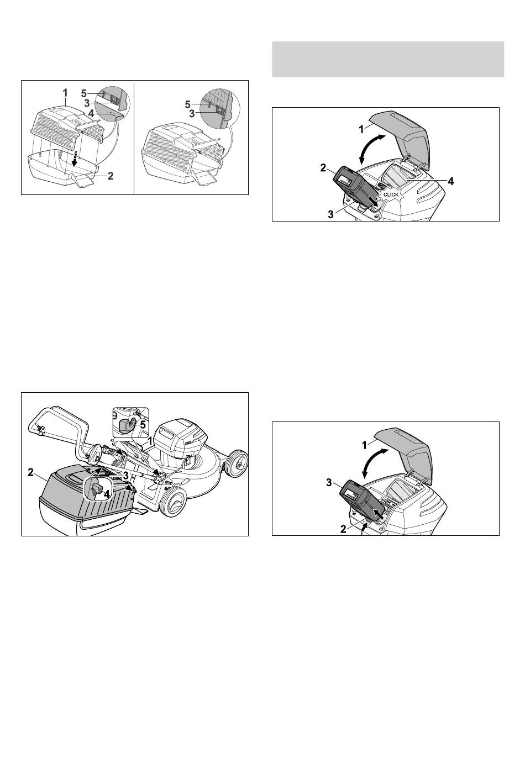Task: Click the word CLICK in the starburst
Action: [x=391, y=195]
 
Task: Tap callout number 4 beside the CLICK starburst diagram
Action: [x=450, y=181]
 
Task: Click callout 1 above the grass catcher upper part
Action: [x=65, y=92]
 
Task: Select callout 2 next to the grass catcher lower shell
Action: [x=110, y=176]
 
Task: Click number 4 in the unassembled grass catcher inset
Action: [x=91, y=113]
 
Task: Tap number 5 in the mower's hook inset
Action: [x=143, y=424]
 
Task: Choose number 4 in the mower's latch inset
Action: [x=107, y=494]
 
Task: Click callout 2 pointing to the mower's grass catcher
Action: [x=31, y=472]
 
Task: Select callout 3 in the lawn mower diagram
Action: [x=125, y=476]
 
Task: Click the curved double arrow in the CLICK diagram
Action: [x=371, y=149]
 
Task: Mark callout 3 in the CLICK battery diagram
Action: [x=331, y=214]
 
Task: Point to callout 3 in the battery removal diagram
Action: [x=329, y=482]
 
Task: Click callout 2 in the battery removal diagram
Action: [x=343, y=529]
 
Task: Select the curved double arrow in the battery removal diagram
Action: [x=374, y=463]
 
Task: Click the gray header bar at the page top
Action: [x=388, y=59]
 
